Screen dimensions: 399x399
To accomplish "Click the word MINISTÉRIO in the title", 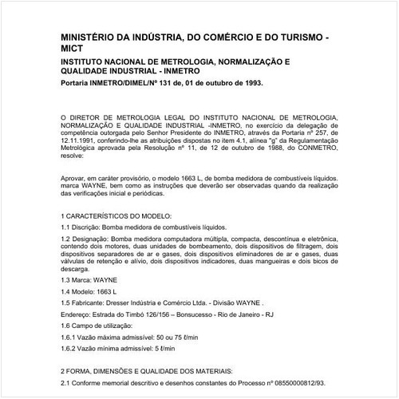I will point(93,38).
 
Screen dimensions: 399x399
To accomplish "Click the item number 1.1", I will point(65,227).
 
